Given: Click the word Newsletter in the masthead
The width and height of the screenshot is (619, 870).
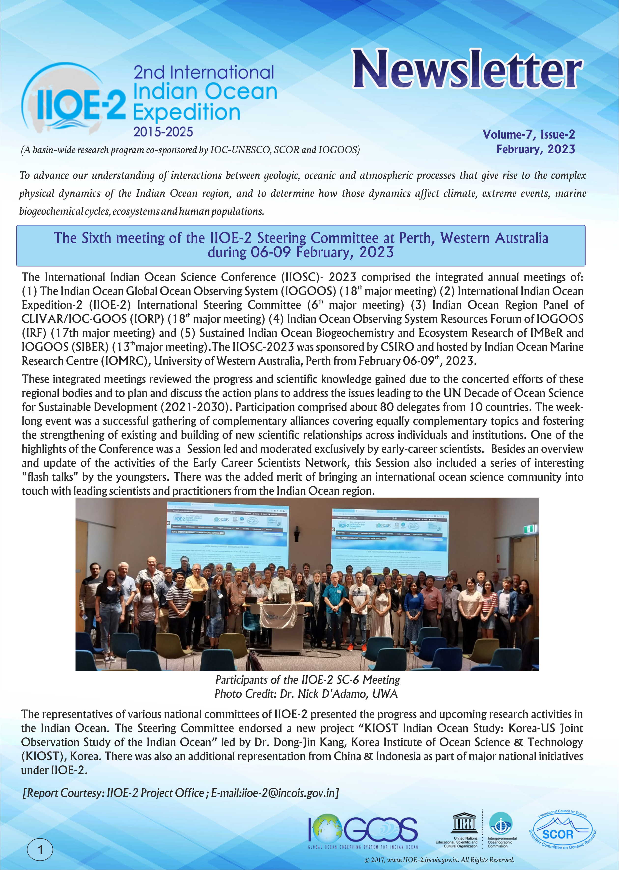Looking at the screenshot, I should click(x=467, y=70).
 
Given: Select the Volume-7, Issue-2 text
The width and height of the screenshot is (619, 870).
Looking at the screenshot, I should click(x=528, y=134).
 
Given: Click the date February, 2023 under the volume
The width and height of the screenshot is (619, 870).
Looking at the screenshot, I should click(x=535, y=149).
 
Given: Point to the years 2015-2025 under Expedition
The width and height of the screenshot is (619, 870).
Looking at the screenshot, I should click(x=163, y=132).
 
